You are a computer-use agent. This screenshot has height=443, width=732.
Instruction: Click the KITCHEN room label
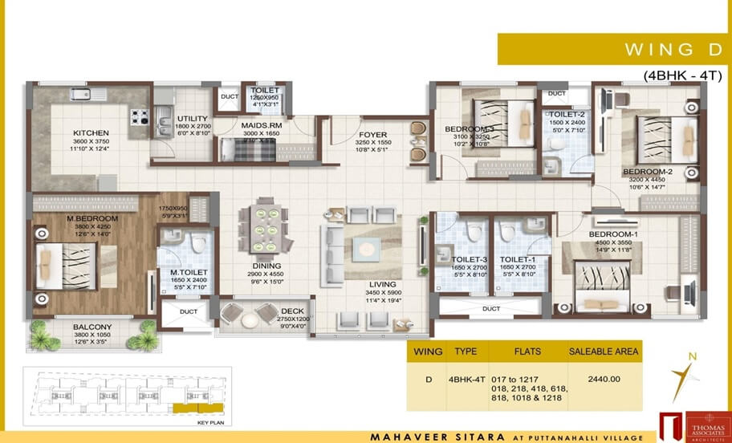pos(91,133)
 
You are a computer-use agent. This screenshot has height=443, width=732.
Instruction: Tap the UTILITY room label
pos(192,119)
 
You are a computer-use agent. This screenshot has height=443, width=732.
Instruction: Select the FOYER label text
pos(373,135)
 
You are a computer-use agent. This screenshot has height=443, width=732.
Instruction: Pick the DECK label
pos(291,311)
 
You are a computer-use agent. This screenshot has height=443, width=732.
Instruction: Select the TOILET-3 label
pos(470,259)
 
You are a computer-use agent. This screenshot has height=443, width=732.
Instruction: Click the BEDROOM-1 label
pos(612,234)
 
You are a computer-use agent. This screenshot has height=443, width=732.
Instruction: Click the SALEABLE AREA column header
pos(604,352)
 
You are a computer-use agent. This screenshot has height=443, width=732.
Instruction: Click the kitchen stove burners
pos(140,116)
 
